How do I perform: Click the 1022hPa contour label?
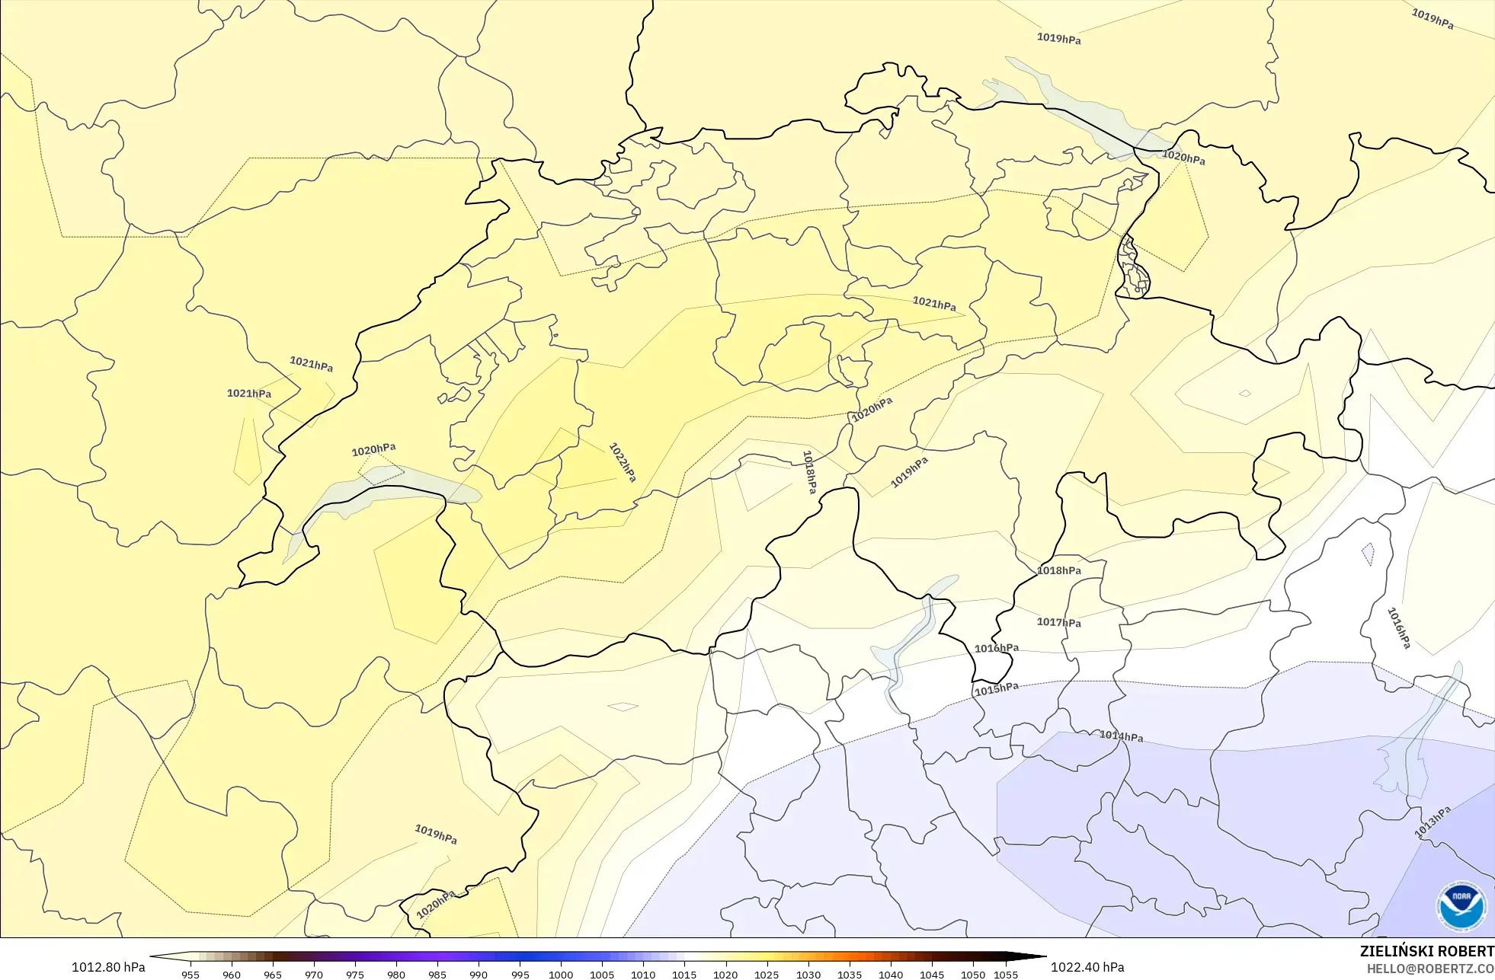coord(623,461)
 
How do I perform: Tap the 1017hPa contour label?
coord(1058,622)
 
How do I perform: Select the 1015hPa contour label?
coord(996,689)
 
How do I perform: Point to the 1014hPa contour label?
coord(1121,736)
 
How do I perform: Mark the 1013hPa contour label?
coord(1433,822)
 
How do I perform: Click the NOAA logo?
coord(1461,906)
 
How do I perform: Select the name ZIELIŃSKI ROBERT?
coord(1426,951)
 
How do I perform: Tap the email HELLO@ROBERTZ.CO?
coord(1429,969)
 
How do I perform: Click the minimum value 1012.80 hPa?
coord(108,967)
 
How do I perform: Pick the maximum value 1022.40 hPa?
coord(1087,967)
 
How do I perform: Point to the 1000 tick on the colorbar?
coord(561,974)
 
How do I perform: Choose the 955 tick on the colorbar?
coord(190,974)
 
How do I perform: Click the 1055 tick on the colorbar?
coord(1006,974)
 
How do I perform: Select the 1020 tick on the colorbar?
coord(725,974)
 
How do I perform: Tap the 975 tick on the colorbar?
coord(355,974)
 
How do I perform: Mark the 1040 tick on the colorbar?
coord(890,974)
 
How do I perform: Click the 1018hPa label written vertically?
coord(809,472)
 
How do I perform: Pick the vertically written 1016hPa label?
coord(1399,628)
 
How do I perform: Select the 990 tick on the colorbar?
coord(479,974)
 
